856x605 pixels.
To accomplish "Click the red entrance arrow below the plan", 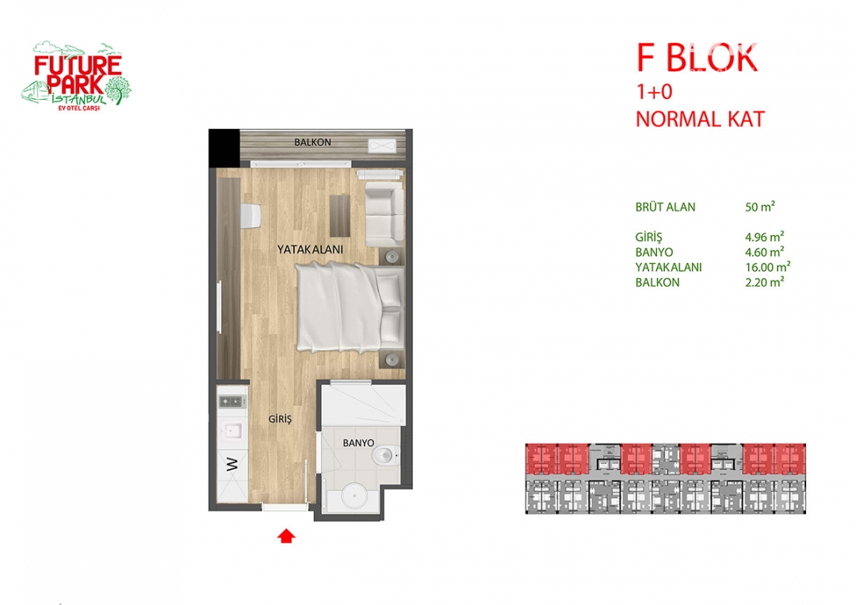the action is (x=286, y=536).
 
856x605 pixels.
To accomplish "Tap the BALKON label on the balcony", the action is (x=312, y=143).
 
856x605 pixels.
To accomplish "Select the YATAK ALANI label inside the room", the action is (x=310, y=249).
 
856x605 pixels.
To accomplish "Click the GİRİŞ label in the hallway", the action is (x=280, y=419).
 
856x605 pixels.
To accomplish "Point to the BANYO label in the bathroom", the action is (x=359, y=443).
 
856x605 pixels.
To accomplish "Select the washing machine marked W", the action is (x=232, y=464).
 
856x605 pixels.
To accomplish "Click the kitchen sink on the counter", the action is (x=233, y=431).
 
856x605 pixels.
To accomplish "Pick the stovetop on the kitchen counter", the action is (x=232, y=402).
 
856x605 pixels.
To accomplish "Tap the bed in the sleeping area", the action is (x=350, y=306).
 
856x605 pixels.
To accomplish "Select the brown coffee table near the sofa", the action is (x=339, y=215).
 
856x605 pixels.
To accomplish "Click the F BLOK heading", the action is (x=697, y=58).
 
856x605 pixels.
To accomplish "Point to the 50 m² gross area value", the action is (x=760, y=207).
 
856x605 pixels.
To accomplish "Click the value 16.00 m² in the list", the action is (x=767, y=268).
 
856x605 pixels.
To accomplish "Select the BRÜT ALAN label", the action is (x=665, y=207).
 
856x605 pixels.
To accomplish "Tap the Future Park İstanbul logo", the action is (x=77, y=76).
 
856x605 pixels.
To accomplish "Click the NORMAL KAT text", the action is (x=701, y=120).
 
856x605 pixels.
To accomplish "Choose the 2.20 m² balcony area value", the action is (x=765, y=282).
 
